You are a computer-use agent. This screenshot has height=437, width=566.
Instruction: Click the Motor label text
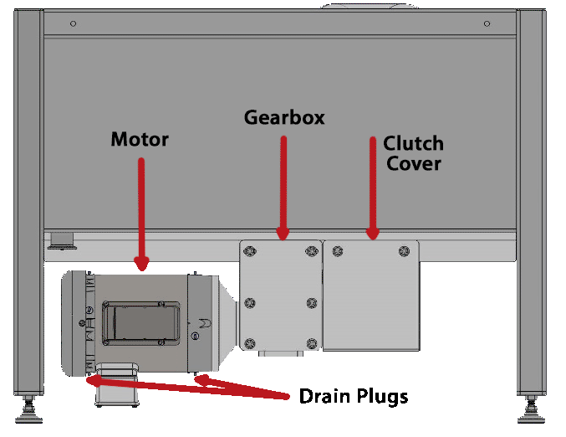coord(140,139)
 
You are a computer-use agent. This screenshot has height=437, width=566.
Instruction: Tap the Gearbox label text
coord(284,117)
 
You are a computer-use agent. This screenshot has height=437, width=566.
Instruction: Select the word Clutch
coord(413,143)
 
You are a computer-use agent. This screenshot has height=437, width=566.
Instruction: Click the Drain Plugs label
coord(354,396)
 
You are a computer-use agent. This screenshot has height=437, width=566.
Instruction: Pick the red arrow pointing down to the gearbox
coord(283,188)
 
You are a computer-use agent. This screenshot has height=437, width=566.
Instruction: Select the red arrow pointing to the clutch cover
coord(372,188)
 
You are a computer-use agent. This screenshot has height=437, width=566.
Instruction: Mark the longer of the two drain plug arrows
coord(184,386)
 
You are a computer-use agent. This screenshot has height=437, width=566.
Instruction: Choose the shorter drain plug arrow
coord(242,386)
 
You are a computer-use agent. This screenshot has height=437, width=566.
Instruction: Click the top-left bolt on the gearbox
coord(249,250)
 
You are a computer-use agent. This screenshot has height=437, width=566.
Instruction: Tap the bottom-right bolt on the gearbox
coord(312,342)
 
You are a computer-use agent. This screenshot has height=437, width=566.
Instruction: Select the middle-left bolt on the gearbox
coord(249,304)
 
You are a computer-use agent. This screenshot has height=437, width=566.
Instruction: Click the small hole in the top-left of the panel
coord(73,23)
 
